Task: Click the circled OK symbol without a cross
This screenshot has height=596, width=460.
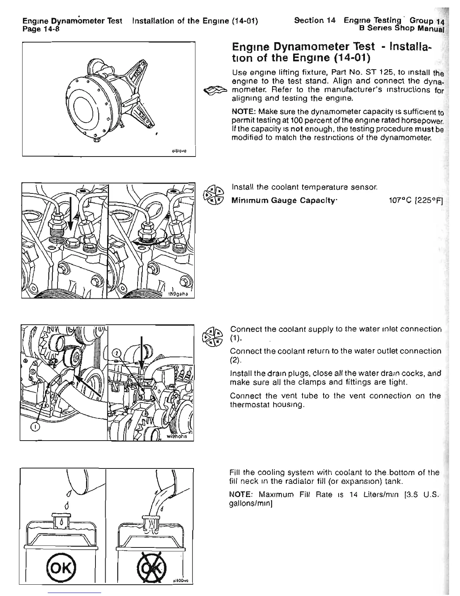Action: [58, 565]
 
